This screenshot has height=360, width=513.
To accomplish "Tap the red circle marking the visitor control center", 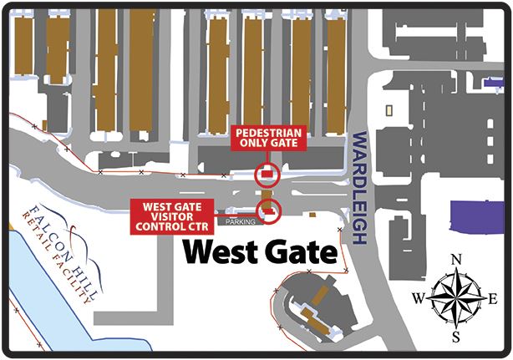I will click(x=269, y=211).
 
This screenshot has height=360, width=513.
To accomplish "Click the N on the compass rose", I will click(x=455, y=259).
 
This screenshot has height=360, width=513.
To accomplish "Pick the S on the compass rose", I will click(x=456, y=337).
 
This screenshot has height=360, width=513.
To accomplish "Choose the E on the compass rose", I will click(x=495, y=298).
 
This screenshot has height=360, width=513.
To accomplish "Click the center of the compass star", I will click(x=456, y=298).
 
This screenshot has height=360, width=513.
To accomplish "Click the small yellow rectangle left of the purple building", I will click(x=389, y=110).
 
